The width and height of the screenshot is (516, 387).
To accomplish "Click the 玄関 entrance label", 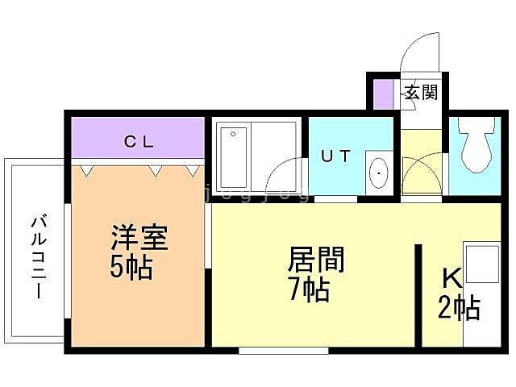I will pos(420,92).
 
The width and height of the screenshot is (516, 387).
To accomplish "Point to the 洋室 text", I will pos(139,239).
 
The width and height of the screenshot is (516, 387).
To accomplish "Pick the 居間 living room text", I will pos(316,260).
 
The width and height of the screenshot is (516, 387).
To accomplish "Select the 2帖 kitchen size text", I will pos(459,307).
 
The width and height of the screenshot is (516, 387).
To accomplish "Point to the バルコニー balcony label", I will pos(37,256).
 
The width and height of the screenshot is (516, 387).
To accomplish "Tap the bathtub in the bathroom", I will pos(233,156).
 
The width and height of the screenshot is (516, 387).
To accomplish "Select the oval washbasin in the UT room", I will pos(377,172).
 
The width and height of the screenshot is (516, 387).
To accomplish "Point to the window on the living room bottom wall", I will pos(283,350).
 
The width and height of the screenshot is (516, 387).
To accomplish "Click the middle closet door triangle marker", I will pos(154,170).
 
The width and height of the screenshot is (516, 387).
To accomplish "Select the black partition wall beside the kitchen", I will pos(418,294).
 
